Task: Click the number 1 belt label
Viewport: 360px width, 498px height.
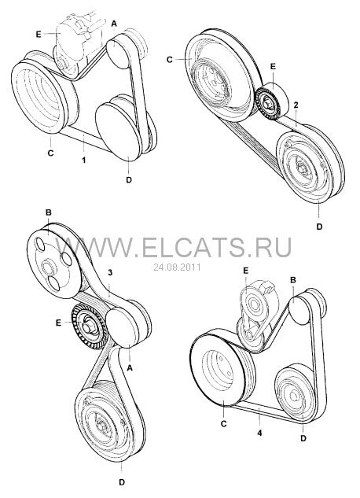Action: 84,160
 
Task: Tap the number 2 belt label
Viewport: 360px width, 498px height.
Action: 296,105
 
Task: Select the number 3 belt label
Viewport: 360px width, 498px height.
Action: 110,272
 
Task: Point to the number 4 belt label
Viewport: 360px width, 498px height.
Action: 259,433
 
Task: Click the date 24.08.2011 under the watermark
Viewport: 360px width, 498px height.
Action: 177,267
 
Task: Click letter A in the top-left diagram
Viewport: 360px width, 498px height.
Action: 114,23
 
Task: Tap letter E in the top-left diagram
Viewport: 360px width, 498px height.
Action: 39,35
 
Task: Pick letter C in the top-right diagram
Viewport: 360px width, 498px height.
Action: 170,59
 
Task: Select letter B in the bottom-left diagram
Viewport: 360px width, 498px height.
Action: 49,212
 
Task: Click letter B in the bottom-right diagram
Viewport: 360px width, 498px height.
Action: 293,280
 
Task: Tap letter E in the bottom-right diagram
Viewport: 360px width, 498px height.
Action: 245,271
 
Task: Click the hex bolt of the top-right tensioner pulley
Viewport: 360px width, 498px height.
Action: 266,103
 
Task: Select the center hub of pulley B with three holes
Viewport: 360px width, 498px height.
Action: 48,267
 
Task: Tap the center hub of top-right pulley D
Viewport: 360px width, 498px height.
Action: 302,167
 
